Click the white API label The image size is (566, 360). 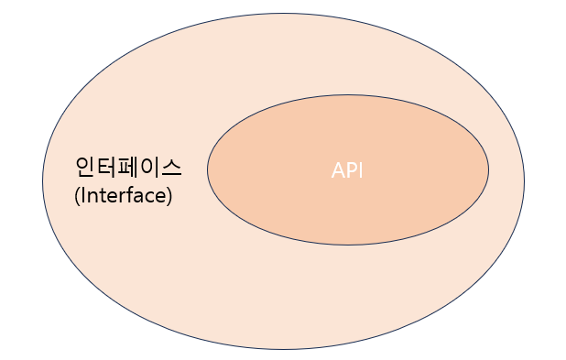pos(347,171)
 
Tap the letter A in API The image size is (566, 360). pos(337,171)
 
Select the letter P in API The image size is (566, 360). pos(350,171)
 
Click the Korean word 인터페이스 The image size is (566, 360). pos(128,168)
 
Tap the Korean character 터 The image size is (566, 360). pos(107,168)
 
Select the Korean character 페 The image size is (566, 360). pos(129,168)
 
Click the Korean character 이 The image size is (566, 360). pos(150,168)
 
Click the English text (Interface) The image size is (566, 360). pos(123,195)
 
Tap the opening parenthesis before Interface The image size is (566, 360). pos(76,196)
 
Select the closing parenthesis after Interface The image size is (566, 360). pos(169,196)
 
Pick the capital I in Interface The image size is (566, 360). pos(82,195)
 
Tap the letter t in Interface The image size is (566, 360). pos(101,195)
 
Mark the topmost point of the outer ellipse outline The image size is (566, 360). pos(283,10)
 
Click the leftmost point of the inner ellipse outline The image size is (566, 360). pos(207,169)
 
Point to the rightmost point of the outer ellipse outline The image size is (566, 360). pos(524,180)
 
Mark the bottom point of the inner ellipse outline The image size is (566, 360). pos(348,245)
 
